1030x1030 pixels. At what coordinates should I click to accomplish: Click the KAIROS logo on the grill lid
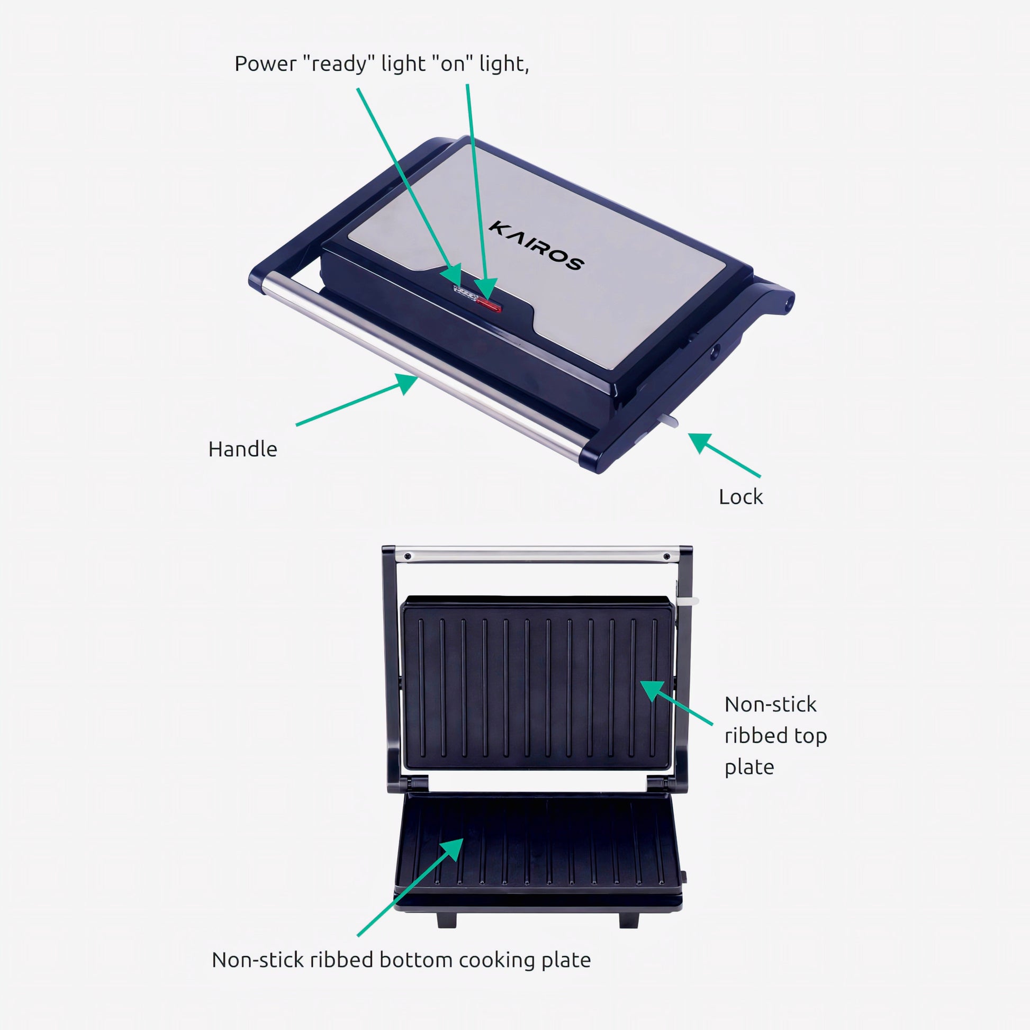[535, 246]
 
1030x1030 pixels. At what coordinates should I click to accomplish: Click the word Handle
[242, 449]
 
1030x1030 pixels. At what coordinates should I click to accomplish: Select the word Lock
[740, 497]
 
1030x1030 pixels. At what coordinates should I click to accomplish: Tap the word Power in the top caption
[266, 64]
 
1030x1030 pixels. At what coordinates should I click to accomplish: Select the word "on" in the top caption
[452, 64]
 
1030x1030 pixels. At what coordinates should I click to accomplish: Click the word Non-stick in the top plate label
[770, 704]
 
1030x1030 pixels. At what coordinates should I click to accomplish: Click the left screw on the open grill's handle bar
[408, 557]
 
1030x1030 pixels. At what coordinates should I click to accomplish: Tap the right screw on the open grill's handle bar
[666, 557]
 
